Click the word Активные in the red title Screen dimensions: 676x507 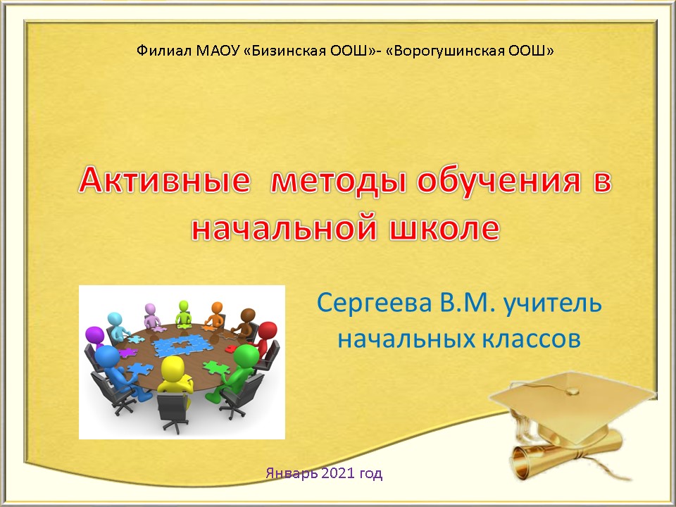(164, 180)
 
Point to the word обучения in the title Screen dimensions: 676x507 (497, 181)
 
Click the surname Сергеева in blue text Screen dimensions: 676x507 (374, 303)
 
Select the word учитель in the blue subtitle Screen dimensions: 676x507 (553, 303)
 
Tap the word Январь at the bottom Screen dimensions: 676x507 (292, 474)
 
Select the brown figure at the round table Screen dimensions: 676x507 (245, 322)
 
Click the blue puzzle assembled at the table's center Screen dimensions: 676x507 (180, 345)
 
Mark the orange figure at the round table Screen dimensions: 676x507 (215, 314)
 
